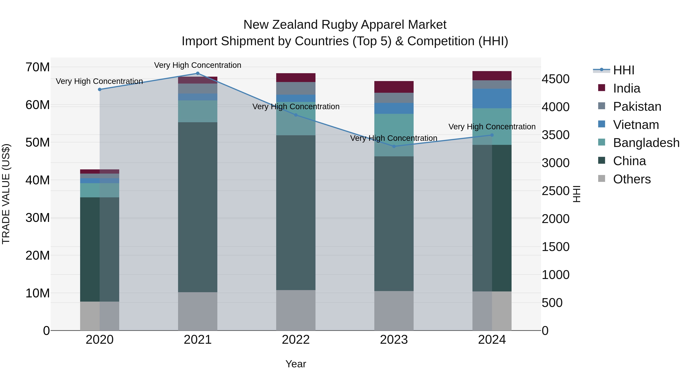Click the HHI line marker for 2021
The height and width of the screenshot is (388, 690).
pos(198,73)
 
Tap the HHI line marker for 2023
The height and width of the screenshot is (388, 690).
pos(394,146)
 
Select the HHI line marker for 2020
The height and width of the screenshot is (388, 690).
pos(100,89)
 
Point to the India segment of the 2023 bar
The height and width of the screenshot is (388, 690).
pos(394,87)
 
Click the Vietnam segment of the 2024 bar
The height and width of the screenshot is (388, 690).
pos(492,98)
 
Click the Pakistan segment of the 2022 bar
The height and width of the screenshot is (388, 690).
pos(296,88)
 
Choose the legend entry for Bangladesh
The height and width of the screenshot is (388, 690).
pos(646,143)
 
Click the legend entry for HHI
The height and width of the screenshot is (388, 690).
pos(623,70)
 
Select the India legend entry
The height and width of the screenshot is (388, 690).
pos(627,88)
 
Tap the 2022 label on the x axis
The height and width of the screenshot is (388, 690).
pos(296,340)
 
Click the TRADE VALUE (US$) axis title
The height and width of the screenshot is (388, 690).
pos(6,194)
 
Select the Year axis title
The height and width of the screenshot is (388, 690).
pos(296,364)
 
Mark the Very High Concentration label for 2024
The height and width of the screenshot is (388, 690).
pos(492,127)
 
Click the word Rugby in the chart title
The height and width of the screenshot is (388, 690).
pos(339,25)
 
